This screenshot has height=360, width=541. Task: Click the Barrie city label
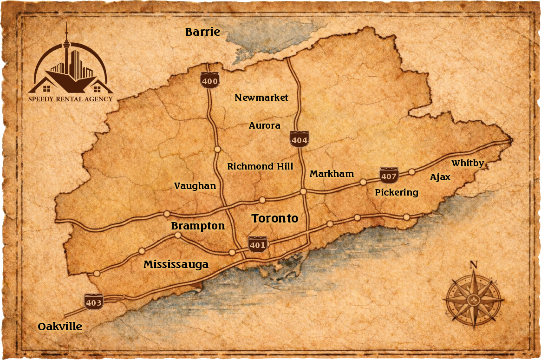pos(202,32)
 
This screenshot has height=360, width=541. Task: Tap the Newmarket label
pos(261,98)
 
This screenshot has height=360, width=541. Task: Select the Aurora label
pos(265,125)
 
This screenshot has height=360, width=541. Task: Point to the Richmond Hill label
pos(260,166)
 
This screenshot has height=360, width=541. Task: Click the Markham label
pos(332,174)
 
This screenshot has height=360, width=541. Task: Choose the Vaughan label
pos(195,186)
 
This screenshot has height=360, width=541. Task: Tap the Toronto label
pos(274,218)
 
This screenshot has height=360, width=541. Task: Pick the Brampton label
pos(198,226)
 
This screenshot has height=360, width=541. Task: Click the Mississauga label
pos(176,265)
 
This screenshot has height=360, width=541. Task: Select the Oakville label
pos(60,327)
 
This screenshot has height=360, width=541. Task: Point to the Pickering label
pos(397,192)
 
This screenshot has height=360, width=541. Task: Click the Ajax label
pos(440,177)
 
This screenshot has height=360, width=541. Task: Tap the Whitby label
pos(468,163)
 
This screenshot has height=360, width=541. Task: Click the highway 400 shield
pos(210,80)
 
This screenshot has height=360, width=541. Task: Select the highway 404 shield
pos(300,139)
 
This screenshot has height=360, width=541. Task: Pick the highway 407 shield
pos(389,175)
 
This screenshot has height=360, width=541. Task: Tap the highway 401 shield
pos(257,244)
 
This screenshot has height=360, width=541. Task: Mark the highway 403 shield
pos(93,302)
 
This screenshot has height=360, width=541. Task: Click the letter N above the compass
pos(474,265)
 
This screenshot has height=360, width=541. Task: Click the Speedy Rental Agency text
pos(71,99)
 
